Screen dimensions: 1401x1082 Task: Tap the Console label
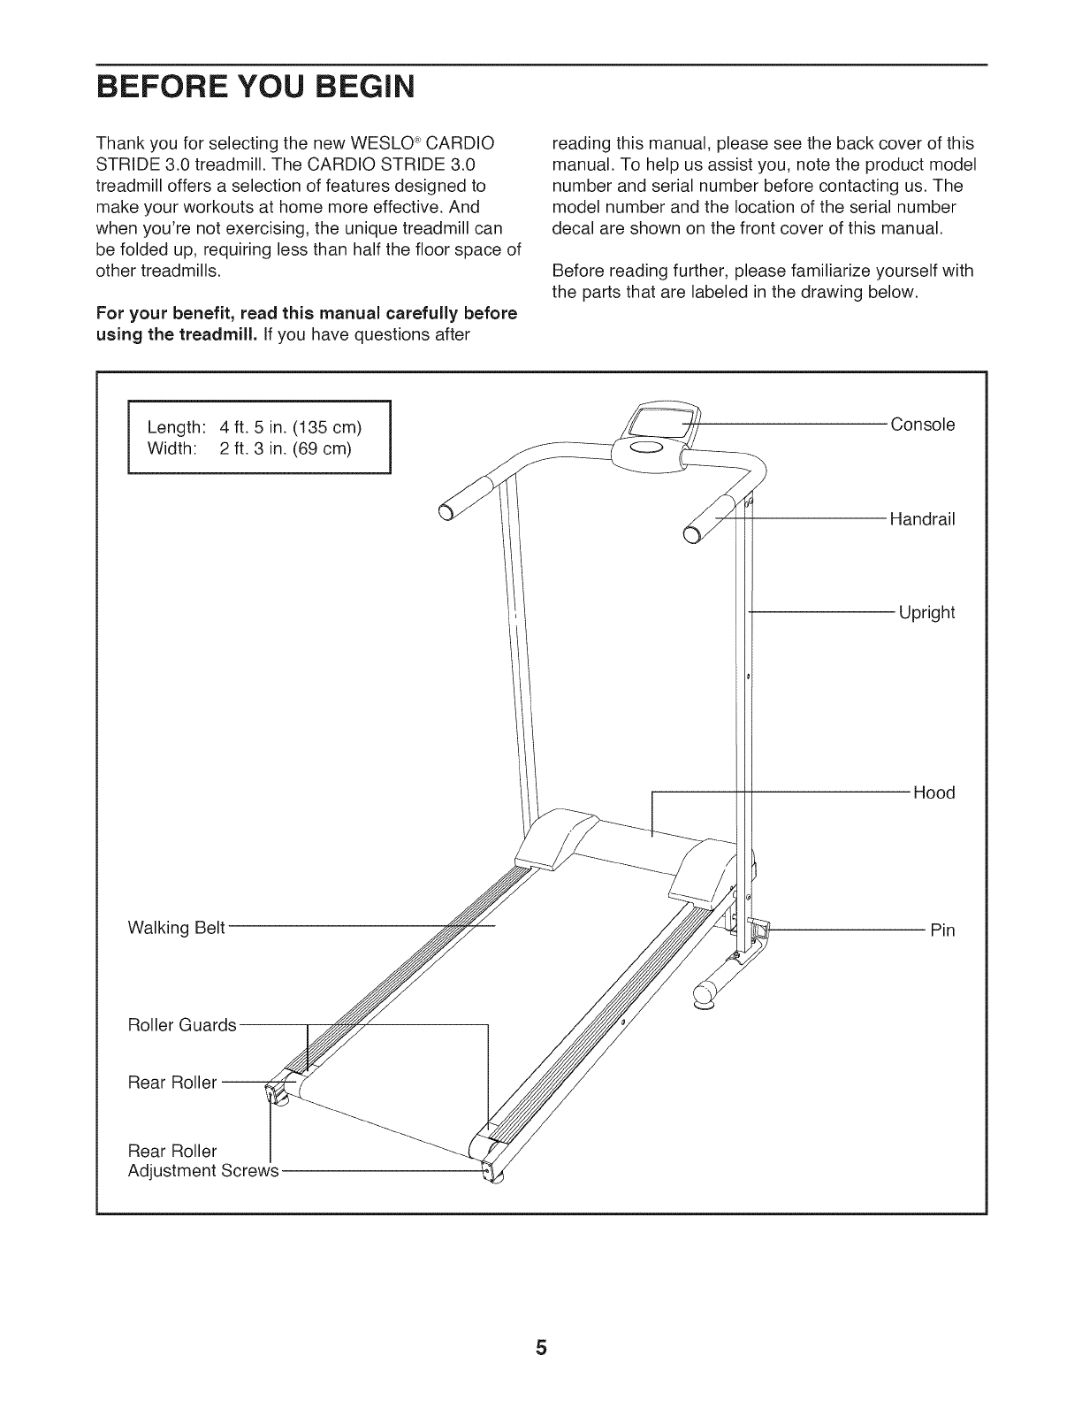tap(922, 425)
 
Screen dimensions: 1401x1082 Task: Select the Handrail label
tap(922, 519)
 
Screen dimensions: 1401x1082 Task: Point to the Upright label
tap(926, 612)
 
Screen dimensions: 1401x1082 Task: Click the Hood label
tap(933, 792)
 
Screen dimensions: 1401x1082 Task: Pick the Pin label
tap(942, 930)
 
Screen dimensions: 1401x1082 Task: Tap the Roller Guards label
tap(182, 1025)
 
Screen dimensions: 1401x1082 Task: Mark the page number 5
tap(541, 1349)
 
